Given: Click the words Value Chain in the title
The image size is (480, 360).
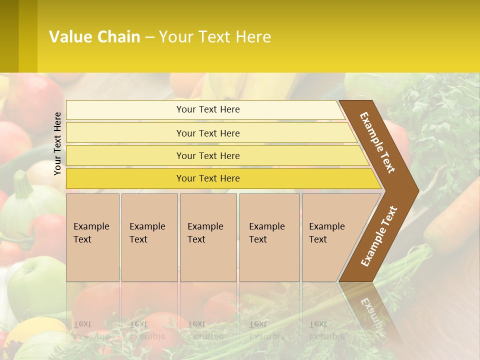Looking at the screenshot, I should (x=94, y=37).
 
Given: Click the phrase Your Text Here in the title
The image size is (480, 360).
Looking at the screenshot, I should (x=215, y=37).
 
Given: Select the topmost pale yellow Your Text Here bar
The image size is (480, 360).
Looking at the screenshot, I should (x=208, y=109).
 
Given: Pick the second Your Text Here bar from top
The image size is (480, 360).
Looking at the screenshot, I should (x=208, y=133).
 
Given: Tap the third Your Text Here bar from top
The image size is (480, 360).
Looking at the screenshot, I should (x=208, y=155).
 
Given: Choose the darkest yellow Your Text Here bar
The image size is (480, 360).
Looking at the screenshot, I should (x=208, y=178).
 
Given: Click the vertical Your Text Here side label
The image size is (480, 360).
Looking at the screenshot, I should (x=57, y=143).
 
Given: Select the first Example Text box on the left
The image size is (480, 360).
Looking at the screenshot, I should (x=92, y=237).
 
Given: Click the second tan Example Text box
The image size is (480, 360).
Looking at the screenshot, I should (x=149, y=237).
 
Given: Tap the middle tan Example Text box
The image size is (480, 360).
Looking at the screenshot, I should (x=208, y=237).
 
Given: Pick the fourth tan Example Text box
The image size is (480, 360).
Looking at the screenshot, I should (x=269, y=237).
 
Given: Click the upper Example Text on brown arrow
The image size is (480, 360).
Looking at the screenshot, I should (x=377, y=142).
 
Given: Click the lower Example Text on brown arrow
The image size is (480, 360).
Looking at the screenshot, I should (x=378, y=236).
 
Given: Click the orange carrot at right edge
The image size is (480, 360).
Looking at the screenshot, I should (x=452, y=215).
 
